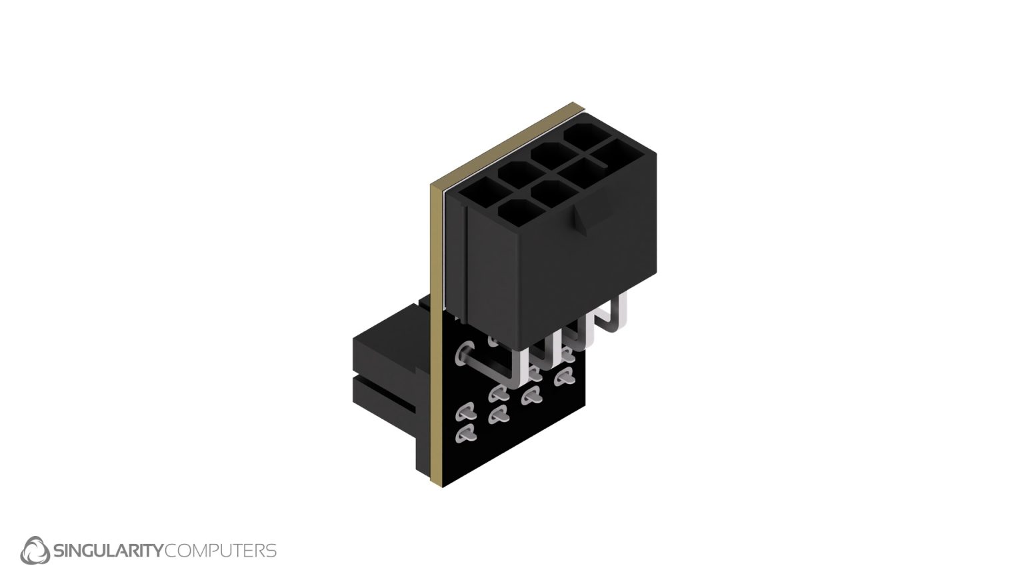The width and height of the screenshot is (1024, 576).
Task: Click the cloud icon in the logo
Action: tap(35, 551)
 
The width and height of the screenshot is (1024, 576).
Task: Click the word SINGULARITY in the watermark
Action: tap(107, 551)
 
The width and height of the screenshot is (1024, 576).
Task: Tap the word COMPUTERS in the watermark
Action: tap(220, 551)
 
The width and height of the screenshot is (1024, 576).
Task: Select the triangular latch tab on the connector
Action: tap(580, 221)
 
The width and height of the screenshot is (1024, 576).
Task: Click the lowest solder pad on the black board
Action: tap(465, 435)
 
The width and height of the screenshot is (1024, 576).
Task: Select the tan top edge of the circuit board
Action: tap(507, 140)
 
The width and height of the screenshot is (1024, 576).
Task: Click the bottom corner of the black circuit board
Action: tap(443, 483)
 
